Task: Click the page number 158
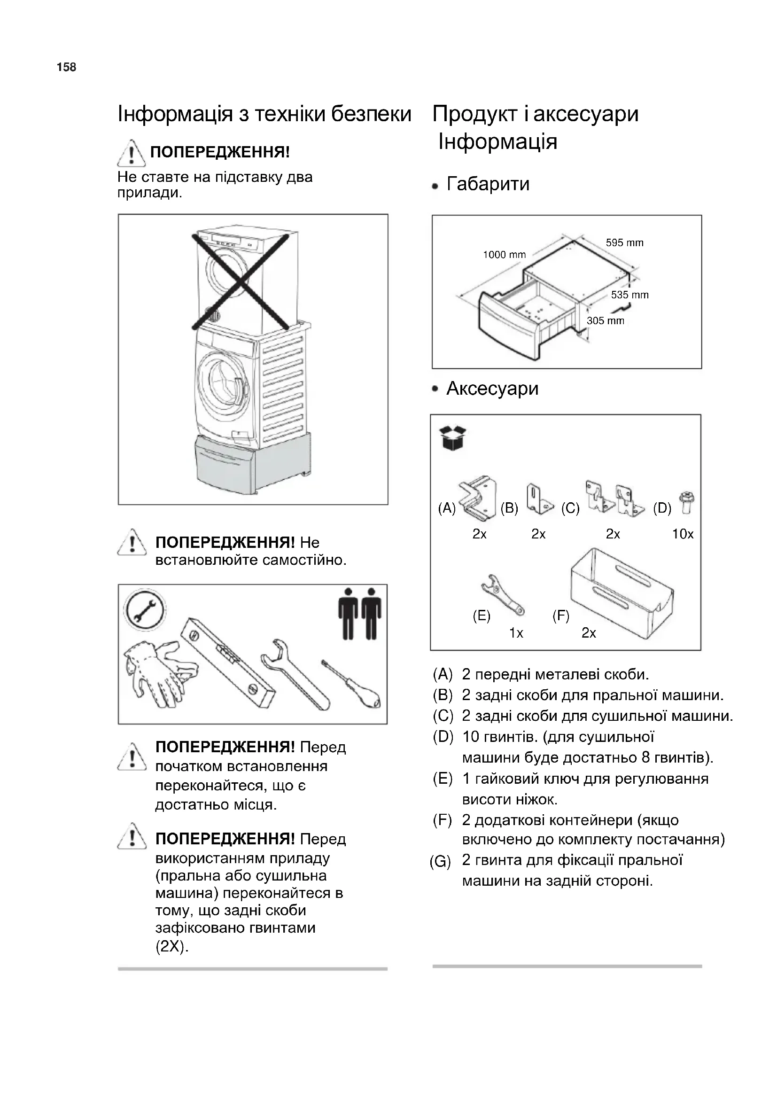[67, 68]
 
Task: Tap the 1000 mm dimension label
[504, 255]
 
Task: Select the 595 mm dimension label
[624, 242]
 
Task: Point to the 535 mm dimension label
[629, 295]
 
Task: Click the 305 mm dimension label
[605, 321]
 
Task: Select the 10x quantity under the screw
[682, 534]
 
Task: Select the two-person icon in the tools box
[359, 614]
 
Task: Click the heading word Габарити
[488, 184]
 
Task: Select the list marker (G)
[440, 862]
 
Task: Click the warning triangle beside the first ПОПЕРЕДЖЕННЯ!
[132, 153]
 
